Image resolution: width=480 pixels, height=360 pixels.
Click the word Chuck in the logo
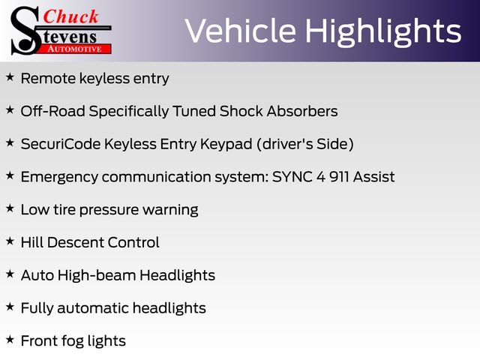click(x=70, y=16)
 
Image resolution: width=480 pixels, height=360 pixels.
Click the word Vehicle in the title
click(x=241, y=31)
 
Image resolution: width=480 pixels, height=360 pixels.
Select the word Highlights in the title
click(x=383, y=32)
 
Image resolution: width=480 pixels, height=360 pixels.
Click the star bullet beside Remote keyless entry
click(x=10, y=76)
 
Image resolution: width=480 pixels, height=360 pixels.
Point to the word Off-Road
click(x=53, y=111)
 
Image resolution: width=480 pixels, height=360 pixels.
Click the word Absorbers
click(x=302, y=111)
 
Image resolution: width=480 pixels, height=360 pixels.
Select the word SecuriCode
click(x=61, y=144)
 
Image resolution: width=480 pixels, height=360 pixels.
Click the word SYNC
click(x=295, y=177)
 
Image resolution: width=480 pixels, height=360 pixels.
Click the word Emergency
click(x=59, y=178)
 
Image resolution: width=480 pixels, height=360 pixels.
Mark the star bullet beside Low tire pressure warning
click(x=10, y=208)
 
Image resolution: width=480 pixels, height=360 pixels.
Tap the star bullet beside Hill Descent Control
click(x=10, y=241)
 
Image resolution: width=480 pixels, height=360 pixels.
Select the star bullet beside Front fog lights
click(x=10, y=339)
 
